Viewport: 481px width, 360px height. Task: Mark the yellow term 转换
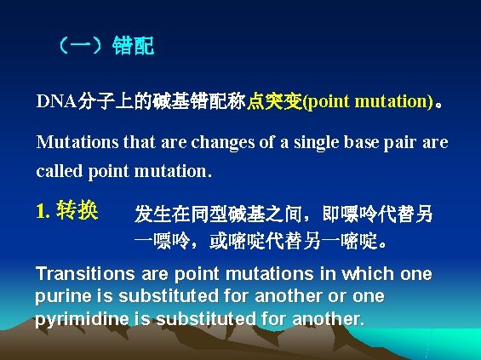(x=77, y=210)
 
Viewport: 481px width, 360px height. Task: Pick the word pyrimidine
(x=75, y=320)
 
